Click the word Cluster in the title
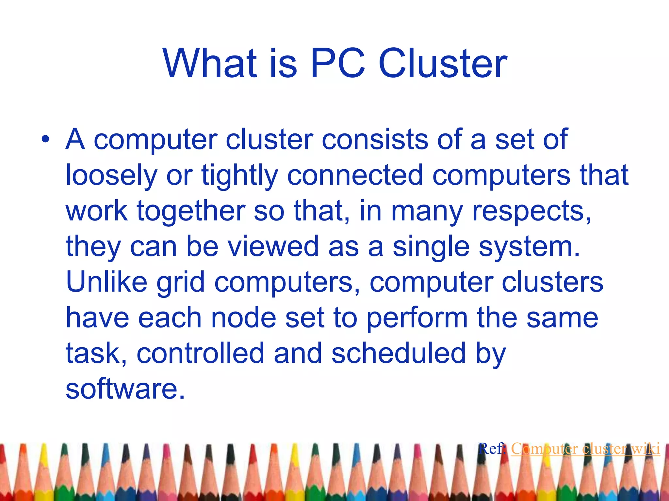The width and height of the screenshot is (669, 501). coord(442,63)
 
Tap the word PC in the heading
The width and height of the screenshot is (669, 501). coord(338,63)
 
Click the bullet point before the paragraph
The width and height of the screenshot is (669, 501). coord(45,140)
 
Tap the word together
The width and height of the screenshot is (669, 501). coord(191,212)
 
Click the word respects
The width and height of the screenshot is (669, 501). coord(531,212)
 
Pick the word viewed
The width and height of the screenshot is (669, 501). coord(273,247)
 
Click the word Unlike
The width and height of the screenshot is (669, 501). coord(106,282)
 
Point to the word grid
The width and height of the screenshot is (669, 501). coord(181,283)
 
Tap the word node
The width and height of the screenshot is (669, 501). coord(244,318)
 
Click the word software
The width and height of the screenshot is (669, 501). coord(125,389)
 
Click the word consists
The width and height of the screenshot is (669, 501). coord(375,140)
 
